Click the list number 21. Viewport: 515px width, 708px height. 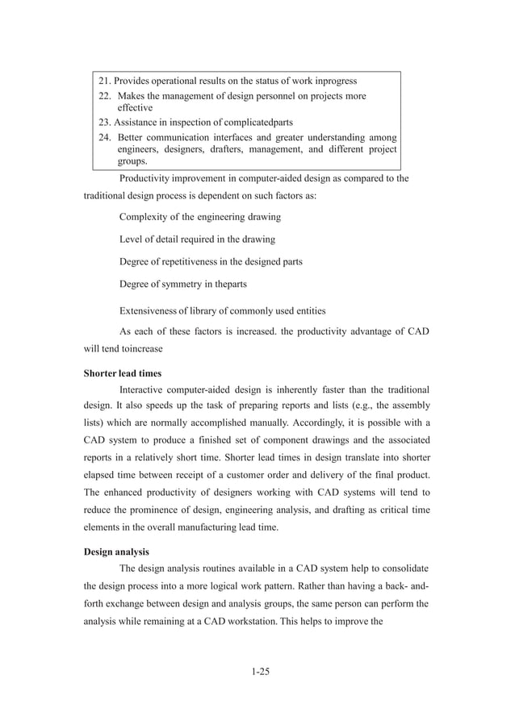[104, 81]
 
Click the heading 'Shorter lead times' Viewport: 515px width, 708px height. [123, 373]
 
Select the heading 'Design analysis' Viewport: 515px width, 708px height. [118, 552]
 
